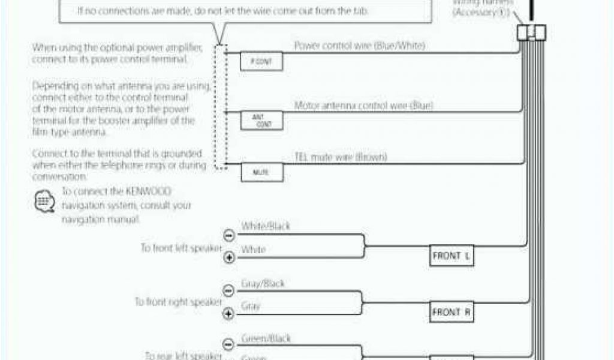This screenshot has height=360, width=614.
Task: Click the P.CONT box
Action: [261, 62]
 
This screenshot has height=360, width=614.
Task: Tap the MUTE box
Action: [261, 173]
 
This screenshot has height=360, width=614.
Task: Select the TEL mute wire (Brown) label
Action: [341, 157]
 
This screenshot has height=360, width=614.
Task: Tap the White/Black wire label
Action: [265, 226]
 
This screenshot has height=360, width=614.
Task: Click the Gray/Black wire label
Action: [263, 283]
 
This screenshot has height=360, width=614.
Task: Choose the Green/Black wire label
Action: [266, 338]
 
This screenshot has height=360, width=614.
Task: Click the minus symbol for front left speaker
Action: [228, 235]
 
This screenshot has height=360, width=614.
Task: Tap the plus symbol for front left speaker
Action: [228, 257]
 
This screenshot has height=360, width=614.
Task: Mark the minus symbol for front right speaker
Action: [228, 290]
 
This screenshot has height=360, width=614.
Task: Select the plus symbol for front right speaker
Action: [228, 313]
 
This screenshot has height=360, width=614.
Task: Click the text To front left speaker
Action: [180, 248]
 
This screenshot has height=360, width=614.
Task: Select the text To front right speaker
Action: [178, 302]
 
